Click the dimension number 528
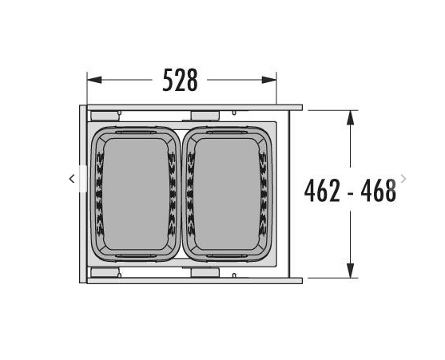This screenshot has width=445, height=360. tap(180, 80)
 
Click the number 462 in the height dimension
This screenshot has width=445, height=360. tap(322, 190)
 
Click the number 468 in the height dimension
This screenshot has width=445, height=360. tap(379, 190)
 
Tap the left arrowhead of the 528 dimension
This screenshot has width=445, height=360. tap(94, 80)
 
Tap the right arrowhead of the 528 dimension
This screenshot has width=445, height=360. tap(269, 80)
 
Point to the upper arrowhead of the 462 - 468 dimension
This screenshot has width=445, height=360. tap(351, 117)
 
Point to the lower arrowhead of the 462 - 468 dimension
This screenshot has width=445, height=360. tap(351, 271)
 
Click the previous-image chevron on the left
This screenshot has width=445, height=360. tap(72, 179)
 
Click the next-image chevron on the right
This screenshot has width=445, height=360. tap(403, 179)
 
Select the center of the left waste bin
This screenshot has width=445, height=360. tap(136, 194)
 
